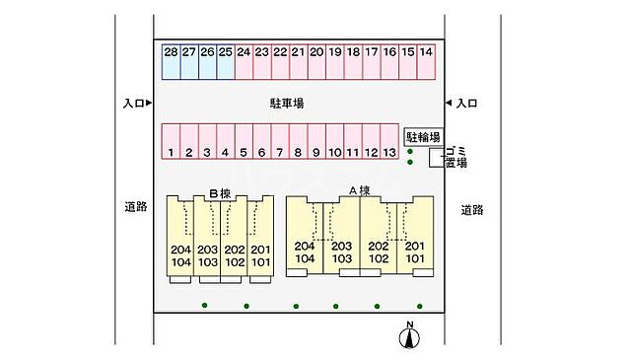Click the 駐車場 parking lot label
[x=287, y=102]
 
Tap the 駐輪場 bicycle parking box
[x=423, y=136]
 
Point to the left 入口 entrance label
[x=135, y=103]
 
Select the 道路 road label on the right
[x=472, y=209]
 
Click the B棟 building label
[x=219, y=193]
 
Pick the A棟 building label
[x=358, y=190]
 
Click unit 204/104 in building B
[x=180, y=256]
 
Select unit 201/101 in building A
[x=415, y=252]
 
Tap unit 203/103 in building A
[x=341, y=252]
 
